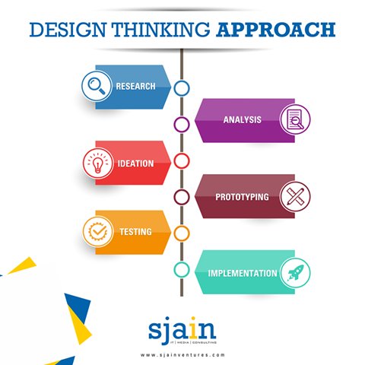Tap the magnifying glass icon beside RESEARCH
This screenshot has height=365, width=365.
[x=97, y=86]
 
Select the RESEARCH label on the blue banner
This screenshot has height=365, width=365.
[x=135, y=86]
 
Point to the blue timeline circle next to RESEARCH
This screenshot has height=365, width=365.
[x=182, y=88]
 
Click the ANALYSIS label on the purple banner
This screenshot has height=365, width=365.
[x=243, y=120]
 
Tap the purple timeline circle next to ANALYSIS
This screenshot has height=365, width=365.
[x=182, y=124]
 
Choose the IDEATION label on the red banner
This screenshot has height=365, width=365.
[x=135, y=163]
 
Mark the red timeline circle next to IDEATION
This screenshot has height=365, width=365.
[x=182, y=160]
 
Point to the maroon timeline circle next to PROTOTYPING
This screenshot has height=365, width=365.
[x=182, y=197]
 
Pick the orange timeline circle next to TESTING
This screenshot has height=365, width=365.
[x=182, y=233]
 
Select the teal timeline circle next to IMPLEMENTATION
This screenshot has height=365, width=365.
[x=182, y=269]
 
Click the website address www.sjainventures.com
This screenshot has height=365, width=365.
[x=182, y=354]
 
